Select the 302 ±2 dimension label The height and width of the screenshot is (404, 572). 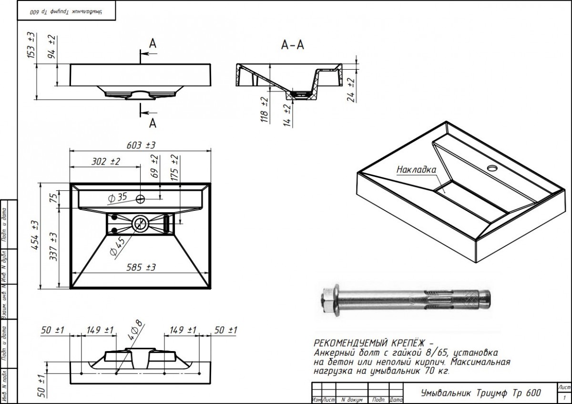click(x=105, y=162)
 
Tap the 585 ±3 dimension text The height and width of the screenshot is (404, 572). click(x=142, y=268)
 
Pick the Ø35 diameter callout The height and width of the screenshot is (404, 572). click(x=118, y=197)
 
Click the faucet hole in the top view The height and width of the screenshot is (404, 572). click(x=140, y=199)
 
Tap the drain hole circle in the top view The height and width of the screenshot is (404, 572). click(x=140, y=221)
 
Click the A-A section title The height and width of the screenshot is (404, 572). click(x=293, y=45)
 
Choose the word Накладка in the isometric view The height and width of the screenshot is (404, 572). click(x=417, y=169)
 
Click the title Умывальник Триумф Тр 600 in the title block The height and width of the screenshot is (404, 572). click(x=480, y=393)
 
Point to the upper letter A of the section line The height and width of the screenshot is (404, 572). click(x=153, y=43)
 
